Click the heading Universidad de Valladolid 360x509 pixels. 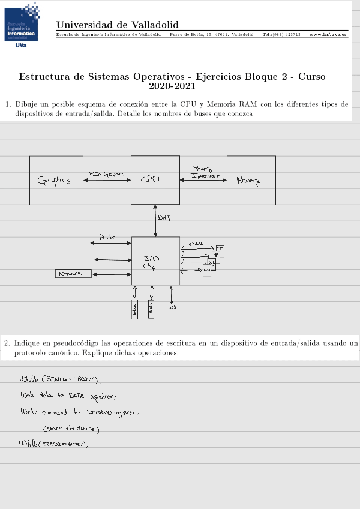117,25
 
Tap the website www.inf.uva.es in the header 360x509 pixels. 328,34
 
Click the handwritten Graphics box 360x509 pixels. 56,180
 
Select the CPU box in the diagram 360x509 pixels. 155,180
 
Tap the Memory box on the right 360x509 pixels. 251,180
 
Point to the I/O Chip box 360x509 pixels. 155,261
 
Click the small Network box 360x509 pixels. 73,274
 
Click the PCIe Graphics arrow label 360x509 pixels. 106,174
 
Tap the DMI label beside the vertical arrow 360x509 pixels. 165,218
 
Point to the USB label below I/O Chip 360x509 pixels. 172,307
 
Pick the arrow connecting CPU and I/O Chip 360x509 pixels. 155,221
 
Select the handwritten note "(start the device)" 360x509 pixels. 70,428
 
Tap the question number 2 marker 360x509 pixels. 7,343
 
